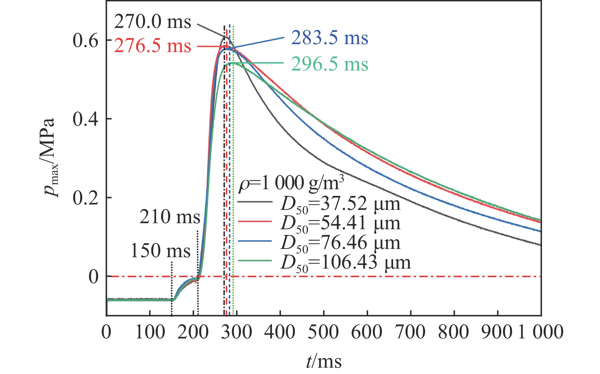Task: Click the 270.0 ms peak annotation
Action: pyautogui.click(x=152, y=22)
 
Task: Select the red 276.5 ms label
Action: pyautogui.click(x=152, y=46)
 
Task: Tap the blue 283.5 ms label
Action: pyautogui.click(x=330, y=38)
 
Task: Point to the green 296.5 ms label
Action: pyautogui.click(x=330, y=64)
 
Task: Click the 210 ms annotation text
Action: pyautogui.click(x=170, y=217)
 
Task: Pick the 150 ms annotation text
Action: pyautogui.click(x=160, y=251)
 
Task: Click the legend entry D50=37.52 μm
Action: pyautogui.click(x=340, y=204)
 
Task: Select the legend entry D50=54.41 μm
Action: pyautogui.click(x=340, y=224)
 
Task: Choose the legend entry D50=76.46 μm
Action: pyautogui.click(x=340, y=243)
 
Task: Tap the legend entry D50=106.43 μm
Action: pyautogui.click(x=345, y=263)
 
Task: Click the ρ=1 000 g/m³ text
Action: pyautogui.click(x=291, y=184)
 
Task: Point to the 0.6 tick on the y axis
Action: pyautogui.click(x=85, y=41)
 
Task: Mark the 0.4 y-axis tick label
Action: pyautogui.click(x=85, y=119)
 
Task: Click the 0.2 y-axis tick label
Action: pyautogui.click(x=85, y=198)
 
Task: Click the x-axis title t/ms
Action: pyautogui.click(x=324, y=361)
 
